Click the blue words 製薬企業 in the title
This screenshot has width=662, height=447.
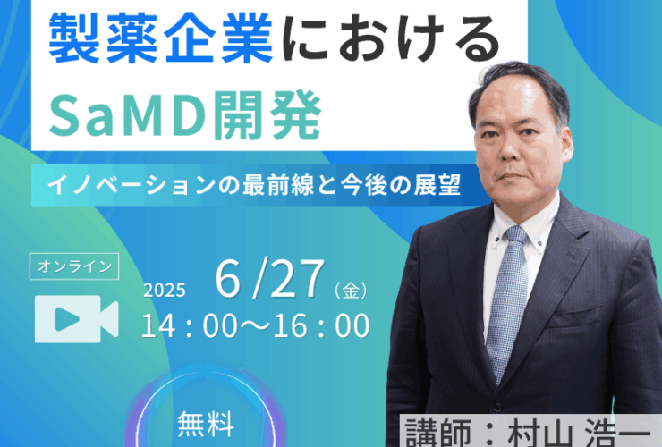click(x=161, y=38)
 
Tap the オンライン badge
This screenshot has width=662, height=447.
click(x=74, y=266)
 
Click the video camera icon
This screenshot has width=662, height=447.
click(x=76, y=318)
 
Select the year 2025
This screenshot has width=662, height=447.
click(x=165, y=291)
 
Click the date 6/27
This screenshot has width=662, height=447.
click(x=270, y=279)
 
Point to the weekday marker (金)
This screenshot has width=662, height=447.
click(x=351, y=291)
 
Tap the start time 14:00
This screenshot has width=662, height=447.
click(x=189, y=325)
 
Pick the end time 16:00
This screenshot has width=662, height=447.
click(x=322, y=325)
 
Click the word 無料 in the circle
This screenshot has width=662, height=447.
click(x=206, y=424)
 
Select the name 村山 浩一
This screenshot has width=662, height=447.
click(x=580, y=434)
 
